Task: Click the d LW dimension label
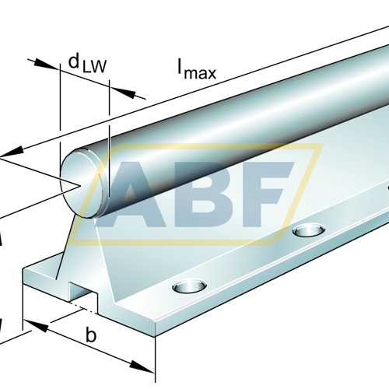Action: pos(87,64)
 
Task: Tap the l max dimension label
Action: pos(197,69)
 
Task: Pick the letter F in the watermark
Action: pos(267,194)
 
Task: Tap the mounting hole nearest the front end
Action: pos(190,286)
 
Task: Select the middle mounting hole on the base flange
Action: pos(309,230)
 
